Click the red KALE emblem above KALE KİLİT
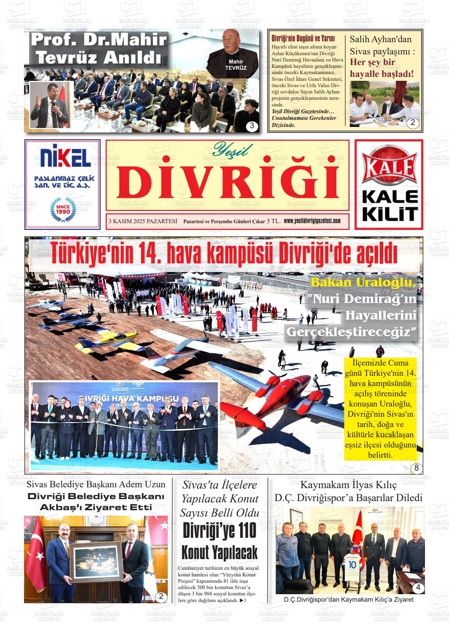pyautogui.click(x=389, y=168)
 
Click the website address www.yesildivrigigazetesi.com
pyautogui.click(x=312, y=221)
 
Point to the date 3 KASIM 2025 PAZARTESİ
pyautogui.click(x=143, y=221)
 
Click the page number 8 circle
pyautogui.click(x=416, y=468)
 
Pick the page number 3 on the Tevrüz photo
pyautogui.click(x=252, y=127)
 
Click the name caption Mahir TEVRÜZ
pyautogui.click(x=236, y=65)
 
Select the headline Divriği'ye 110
pyautogui.click(x=219, y=531)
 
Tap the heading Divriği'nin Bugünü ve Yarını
pyautogui.click(x=303, y=38)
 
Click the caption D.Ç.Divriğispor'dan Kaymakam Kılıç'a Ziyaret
pyautogui.click(x=349, y=599)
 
